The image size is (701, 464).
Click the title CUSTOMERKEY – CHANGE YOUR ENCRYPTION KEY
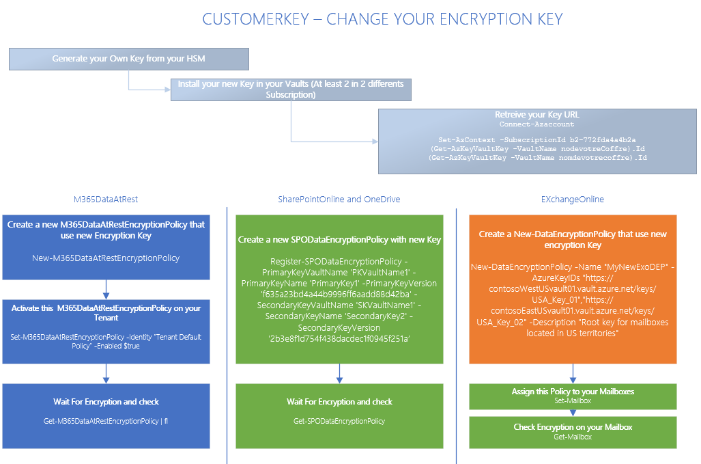[382, 19]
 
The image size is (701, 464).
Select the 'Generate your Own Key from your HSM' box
[128, 59]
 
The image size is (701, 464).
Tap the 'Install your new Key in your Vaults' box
[291, 90]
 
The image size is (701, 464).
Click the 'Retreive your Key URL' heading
[537, 115]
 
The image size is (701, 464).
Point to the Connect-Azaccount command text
[537, 124]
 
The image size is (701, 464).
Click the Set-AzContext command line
[537, 139]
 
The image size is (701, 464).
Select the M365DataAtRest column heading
[106, 200]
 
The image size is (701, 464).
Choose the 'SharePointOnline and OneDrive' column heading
[339, 200]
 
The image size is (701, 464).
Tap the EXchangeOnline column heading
[573, 200]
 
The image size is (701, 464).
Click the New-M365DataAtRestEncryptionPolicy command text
[106, 258]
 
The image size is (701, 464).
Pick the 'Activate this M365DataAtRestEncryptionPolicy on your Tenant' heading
[106, 313]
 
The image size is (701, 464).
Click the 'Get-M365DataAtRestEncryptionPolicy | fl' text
[106, 421]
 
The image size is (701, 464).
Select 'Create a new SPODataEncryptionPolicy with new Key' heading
[339, 240]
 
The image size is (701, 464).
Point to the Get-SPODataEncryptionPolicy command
[339, 421]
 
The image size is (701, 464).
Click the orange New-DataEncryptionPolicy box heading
[573, 239]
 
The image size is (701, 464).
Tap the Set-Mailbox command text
[573, 400]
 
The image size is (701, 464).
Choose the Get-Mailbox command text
[573, 436]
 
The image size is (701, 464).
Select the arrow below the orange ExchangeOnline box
[573, 374]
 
